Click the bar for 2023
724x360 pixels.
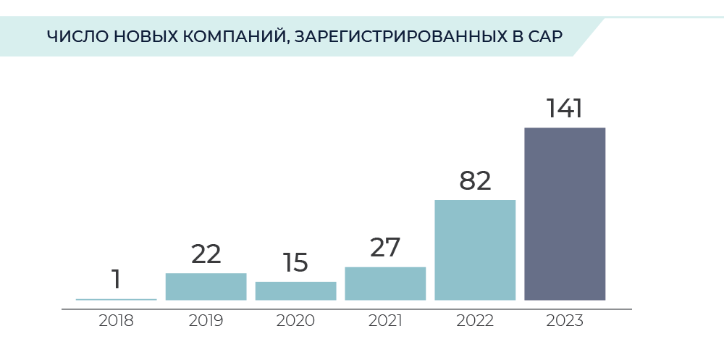pyautogui.click(x=565, y=214)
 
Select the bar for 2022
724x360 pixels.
pyautogui.click(x=475, y=249)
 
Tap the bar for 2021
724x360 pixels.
pyautogui.click(x=385, y=283)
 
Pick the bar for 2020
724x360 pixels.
pyautogui.click(x=295, y=290)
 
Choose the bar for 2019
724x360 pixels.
pyautogui.click(x=206, y=286)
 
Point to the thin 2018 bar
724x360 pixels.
pyautogui.click(x=116, y=299)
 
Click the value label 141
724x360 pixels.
pyautogui.click(x=565, y=109)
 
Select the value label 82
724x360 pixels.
pyautogui.click(x=475, y=181)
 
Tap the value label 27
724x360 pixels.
pyautogui.click(x=385, y=248)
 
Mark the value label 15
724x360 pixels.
pyautogui.click(x=295, y=262)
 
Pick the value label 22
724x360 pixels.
pyautogui.click(x=206, y=254)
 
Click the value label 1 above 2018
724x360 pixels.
pyautogui.click(x=116, y=279)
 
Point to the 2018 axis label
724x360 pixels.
pyautogui.click(x=116, y=321)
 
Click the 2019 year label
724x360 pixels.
pyautogui.click(x=206, y=321)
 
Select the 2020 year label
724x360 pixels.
pyautogui.click(x=295, y=321)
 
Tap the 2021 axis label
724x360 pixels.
pyautogui.click(x=385, y=321)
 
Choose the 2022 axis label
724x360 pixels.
pyautogui.click(x=475, y=321)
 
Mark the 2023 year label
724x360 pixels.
pyautogui.click(x=565, y=321)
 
